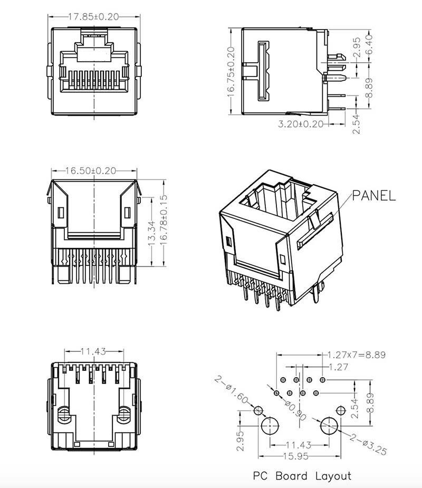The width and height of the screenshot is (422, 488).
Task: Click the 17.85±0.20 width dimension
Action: [93, 16]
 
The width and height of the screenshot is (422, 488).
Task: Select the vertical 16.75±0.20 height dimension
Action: [231, 72]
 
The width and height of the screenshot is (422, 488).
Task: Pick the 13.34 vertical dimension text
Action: [152, 233]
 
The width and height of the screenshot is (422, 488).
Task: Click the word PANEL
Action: [373, 196]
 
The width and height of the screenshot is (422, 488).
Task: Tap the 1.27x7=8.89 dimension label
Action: [357, 355]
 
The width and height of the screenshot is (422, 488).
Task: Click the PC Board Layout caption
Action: [301, 476]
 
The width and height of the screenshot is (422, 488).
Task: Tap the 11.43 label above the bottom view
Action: [94, 351]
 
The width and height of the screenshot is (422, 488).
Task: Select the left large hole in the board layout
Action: [270, 425]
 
